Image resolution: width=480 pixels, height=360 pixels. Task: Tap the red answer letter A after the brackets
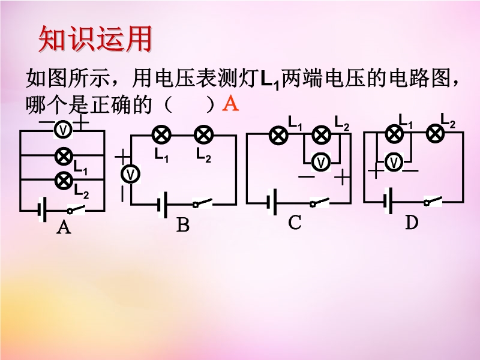(x=230, y=104)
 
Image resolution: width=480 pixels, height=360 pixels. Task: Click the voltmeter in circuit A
(x=62, y=128)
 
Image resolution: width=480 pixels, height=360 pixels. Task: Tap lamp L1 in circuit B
(x=161, y=135)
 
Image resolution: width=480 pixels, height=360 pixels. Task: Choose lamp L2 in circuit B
(x=203, y=135)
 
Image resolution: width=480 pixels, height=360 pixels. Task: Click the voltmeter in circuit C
(x=322, y=162)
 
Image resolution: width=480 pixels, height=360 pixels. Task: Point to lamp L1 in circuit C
(x=278, y=136)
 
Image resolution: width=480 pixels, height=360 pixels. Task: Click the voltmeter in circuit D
(x=393, y=162)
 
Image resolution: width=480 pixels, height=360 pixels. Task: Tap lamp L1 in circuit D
(x=393, y=134)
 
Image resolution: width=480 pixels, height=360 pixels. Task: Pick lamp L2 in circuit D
(x=434, y=134)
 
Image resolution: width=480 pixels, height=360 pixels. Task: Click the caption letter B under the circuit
(x=183, y=226)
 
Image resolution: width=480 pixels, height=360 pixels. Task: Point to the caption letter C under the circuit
(x=294, y=223)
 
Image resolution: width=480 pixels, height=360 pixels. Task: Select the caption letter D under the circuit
(x=411, y=223)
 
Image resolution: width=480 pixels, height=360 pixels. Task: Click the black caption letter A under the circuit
(x=63, y=228)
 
